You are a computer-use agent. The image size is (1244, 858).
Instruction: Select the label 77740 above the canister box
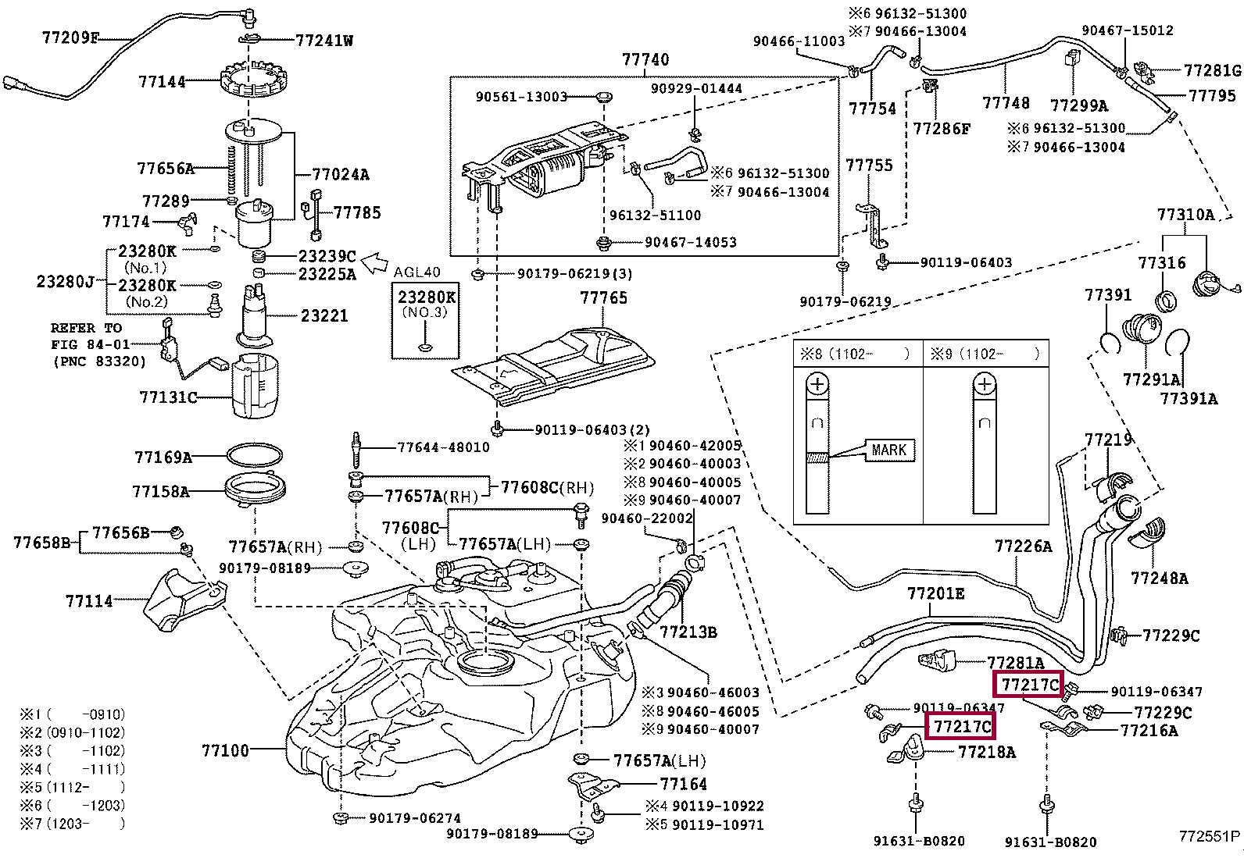[645, 59]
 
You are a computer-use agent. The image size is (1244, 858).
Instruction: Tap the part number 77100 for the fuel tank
[225, 750]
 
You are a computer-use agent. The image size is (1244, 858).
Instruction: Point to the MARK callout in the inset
[888, 450]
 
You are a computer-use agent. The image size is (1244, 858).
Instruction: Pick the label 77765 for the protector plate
[603, 298]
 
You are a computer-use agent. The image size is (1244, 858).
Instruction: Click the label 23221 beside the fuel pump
[324, 315]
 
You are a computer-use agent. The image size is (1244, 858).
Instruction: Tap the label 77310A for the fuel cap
[1185, 215]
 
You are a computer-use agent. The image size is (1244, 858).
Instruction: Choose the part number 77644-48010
[443, 447]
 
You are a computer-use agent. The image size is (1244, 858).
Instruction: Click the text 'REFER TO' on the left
[86, 328]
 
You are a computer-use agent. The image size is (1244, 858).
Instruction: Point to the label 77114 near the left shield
[89, 601]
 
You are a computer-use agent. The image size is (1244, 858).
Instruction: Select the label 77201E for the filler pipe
[935, 594]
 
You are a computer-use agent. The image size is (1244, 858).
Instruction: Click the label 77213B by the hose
[688, 632]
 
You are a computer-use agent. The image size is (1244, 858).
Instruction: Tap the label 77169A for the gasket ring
[163, 457]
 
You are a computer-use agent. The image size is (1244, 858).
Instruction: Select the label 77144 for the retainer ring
[162, 80]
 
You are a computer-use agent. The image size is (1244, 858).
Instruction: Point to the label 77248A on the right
[1159, 578]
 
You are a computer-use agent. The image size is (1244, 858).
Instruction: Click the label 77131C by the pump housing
[168, 397]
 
